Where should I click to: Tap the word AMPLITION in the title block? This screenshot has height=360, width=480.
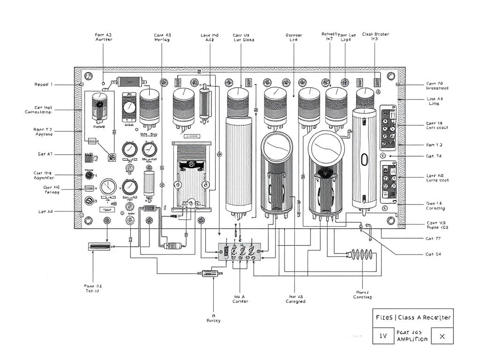[412, 339]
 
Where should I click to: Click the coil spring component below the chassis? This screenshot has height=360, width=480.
[359, 255]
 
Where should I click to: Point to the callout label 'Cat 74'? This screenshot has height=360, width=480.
[434, 156]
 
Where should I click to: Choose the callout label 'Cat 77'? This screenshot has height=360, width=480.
[434, 239]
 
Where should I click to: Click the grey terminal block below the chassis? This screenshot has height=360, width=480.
[239, 252]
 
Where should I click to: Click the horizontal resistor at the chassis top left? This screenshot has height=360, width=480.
[130, 81]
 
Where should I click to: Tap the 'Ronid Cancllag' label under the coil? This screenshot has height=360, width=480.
[362, 294]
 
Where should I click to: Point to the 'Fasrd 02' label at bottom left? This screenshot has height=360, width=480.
[92, 288]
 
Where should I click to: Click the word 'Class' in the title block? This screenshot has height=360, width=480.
[407, 317]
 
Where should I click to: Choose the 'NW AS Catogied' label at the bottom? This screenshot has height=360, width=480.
[295, 299]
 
